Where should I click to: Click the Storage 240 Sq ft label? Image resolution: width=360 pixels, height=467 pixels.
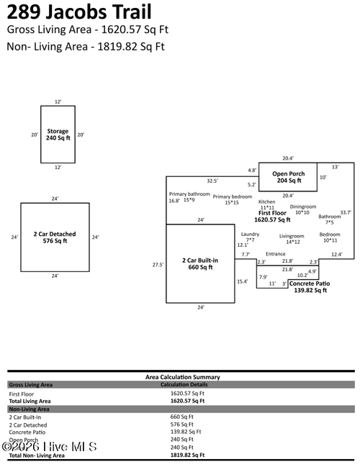coord(58,135)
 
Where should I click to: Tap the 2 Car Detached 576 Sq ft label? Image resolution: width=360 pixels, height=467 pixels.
coord(55,237)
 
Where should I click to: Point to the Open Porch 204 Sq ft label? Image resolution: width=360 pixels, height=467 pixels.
coord(288,177)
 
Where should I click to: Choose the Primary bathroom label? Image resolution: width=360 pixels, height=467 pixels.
coord(189,196)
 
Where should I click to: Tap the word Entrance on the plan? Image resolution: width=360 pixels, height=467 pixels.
coord(276,254)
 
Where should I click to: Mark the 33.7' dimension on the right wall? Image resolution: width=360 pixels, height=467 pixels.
coord(346,212)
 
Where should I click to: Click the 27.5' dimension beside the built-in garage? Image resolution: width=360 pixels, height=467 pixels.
coord(158,265)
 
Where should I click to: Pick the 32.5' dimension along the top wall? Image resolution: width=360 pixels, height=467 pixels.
coord(212,181)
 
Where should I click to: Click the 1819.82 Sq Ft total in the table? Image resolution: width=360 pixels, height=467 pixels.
coord(187,455)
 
